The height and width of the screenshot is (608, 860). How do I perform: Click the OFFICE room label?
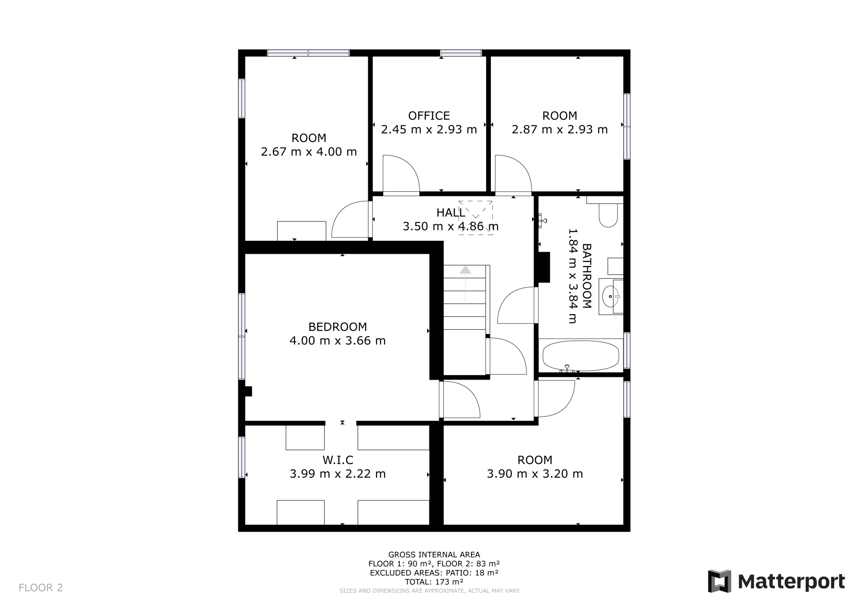click(429, 116)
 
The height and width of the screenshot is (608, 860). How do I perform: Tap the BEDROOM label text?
click(338, 327)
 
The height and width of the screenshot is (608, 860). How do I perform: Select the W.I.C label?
click(338, 460)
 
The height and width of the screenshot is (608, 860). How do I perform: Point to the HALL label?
click(450, 213)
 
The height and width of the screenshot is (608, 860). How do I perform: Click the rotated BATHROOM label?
click(587, 276)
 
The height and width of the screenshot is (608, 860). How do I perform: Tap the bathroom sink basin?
click(610, 296)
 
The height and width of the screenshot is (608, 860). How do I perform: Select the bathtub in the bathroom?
click(580, 356)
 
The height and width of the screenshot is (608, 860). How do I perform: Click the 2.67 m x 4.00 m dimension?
click(309, 152)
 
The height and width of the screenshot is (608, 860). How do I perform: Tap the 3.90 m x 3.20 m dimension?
click(535, 474)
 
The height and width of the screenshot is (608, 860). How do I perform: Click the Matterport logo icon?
click(720, 581)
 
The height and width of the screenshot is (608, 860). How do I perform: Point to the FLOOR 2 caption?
click(41, 588)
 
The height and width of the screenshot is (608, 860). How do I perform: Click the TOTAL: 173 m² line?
click(434, 582)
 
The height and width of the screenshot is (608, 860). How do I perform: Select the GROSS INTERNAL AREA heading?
click(434, 555)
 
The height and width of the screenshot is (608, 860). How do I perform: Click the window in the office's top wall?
click(461, 53)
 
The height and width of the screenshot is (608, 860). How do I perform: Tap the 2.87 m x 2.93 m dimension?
click(560, 130)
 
